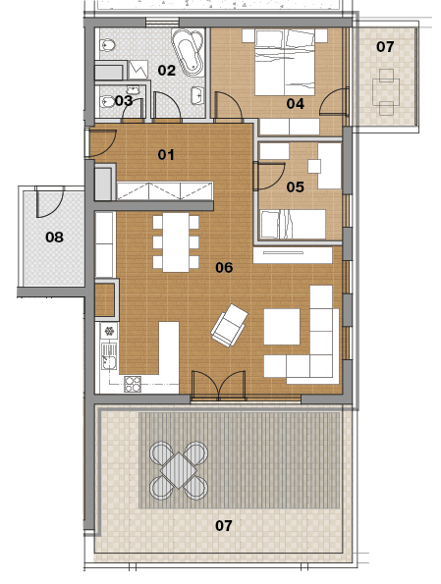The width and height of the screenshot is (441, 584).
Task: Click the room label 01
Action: [x=166, y=154]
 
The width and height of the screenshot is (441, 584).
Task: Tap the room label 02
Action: [x=166, y=70]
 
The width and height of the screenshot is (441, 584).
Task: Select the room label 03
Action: [x=124, y=100]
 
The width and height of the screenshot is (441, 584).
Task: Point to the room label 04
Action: [x=296, y=103]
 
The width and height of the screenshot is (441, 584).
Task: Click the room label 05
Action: [x=296, y=186]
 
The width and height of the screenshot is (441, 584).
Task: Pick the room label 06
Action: [x=224, y=267]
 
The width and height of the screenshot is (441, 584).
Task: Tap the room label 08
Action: [x=54, y=237]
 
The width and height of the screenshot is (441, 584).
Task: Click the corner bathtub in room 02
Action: [x=189, y=52]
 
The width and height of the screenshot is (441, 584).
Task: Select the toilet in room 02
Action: [x=107, y=45]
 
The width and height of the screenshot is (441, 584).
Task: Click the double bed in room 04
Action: [x=285, y=63]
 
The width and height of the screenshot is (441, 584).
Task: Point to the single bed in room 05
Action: [x=293, y=224]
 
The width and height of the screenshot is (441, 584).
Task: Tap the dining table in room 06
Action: [x=176, y=242]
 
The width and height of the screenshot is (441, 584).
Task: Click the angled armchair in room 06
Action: [x=230, y=325]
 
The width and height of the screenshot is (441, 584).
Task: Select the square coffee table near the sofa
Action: [x=282, y=327]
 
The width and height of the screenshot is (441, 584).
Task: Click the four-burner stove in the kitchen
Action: [x=133, y=384]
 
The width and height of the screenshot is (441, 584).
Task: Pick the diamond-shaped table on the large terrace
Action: [x=179, y=470]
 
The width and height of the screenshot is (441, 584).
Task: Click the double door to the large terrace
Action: [x=218, y=385]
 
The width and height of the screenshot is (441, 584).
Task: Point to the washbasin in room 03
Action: [x=133, y=89]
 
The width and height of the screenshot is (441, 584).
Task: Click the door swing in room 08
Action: [x=49, y=202]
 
